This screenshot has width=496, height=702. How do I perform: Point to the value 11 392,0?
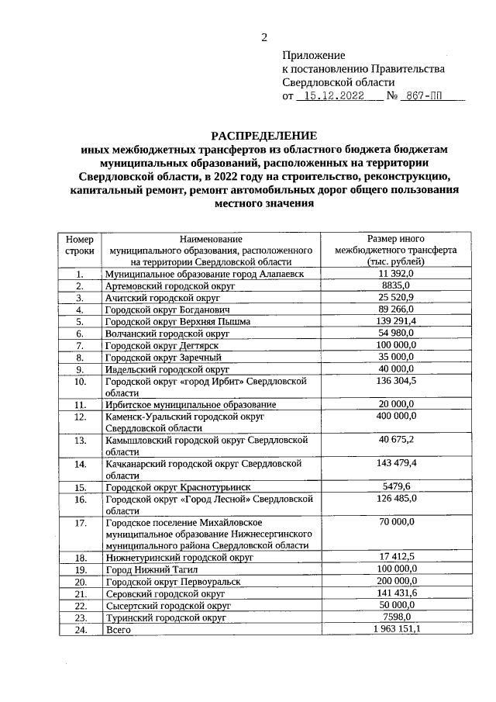tap(397, 275)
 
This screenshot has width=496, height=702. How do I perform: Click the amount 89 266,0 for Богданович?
tap(397, 310)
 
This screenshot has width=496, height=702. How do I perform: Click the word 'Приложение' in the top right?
tap(313, 56)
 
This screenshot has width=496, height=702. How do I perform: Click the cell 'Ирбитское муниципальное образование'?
tap(191, 405)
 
